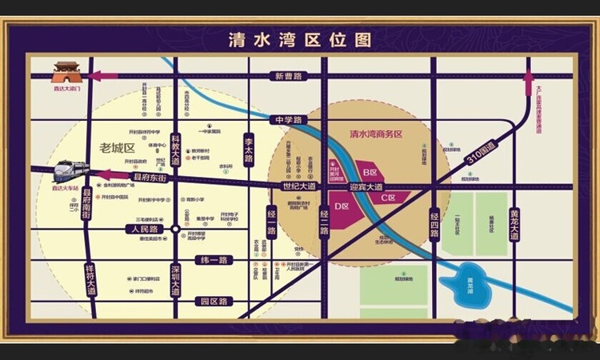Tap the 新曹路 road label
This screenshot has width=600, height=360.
pos(289,76)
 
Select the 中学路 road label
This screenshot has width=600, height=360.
pos(288,120)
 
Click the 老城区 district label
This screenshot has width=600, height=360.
pos(117,147)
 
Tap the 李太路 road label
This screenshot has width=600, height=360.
pos(249,148)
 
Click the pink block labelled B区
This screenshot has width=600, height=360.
pos(370,171)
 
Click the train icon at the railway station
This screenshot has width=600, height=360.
pos(70,171)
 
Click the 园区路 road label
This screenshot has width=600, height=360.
pos(214,302)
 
